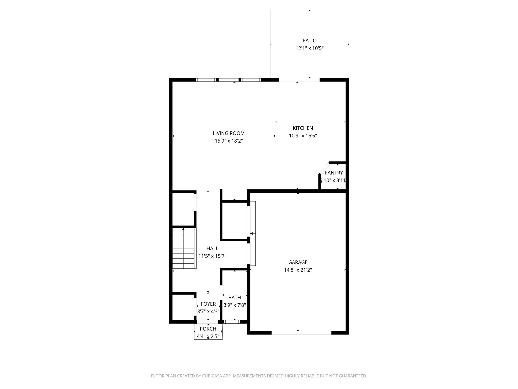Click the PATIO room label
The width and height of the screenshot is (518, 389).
(x=309, y=41)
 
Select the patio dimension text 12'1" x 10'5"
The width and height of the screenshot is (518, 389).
(x=309, y=48)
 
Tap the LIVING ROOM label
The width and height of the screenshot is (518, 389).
(x=229, y=133)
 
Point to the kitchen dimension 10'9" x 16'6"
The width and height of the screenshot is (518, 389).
(x=303, y=136)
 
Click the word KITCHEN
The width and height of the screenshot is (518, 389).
(x=303, y=128)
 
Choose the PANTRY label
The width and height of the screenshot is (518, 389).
(x=334, y=173)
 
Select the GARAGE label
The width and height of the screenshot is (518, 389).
(x=298, y=262)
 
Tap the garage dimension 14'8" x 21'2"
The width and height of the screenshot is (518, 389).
(x=298, y=270)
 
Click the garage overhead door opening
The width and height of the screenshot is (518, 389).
(x=301, y=333)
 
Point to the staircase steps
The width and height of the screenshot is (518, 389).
(x=184, y=249)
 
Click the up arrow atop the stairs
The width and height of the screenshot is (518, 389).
(x=183, y=229)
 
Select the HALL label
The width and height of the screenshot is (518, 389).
(x=212, y=248)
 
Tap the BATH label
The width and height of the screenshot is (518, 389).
(x=234, y=298)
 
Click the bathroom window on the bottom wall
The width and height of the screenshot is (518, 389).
(x=232, y=322)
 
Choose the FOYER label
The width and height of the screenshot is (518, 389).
(x=208, y=304)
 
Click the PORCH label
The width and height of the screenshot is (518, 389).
(x=208, y=329)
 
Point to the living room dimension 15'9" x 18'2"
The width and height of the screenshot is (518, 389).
(x=229, y=141)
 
